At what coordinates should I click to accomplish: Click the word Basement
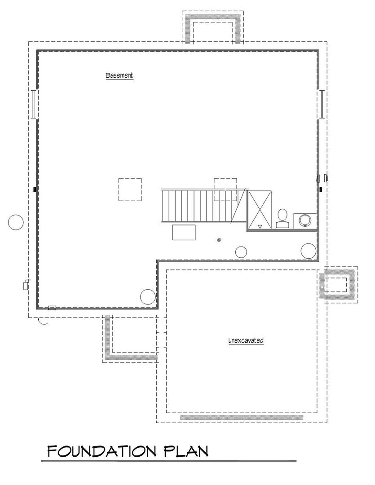coord(119,75)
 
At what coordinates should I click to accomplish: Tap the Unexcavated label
coord(246,340)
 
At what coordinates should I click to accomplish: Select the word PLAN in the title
coord(186,452)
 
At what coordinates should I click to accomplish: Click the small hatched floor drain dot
coord(219,239)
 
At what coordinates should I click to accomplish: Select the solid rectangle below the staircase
coord(184,232)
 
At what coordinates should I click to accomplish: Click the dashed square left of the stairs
coord(130,190)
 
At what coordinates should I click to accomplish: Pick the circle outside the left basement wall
coord(15,222)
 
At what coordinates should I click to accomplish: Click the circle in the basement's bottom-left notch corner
coord(148,297)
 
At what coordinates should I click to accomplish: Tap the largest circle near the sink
coord(309,251)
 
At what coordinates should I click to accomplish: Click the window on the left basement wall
coord(34,104)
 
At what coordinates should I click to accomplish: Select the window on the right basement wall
coord(322,104)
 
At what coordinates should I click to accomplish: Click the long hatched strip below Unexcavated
coord(242,417)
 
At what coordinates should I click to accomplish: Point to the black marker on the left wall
coord(35,189)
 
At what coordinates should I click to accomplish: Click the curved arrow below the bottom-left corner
coord(43,322)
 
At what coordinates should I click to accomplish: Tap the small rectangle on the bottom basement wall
coord(52,308)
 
